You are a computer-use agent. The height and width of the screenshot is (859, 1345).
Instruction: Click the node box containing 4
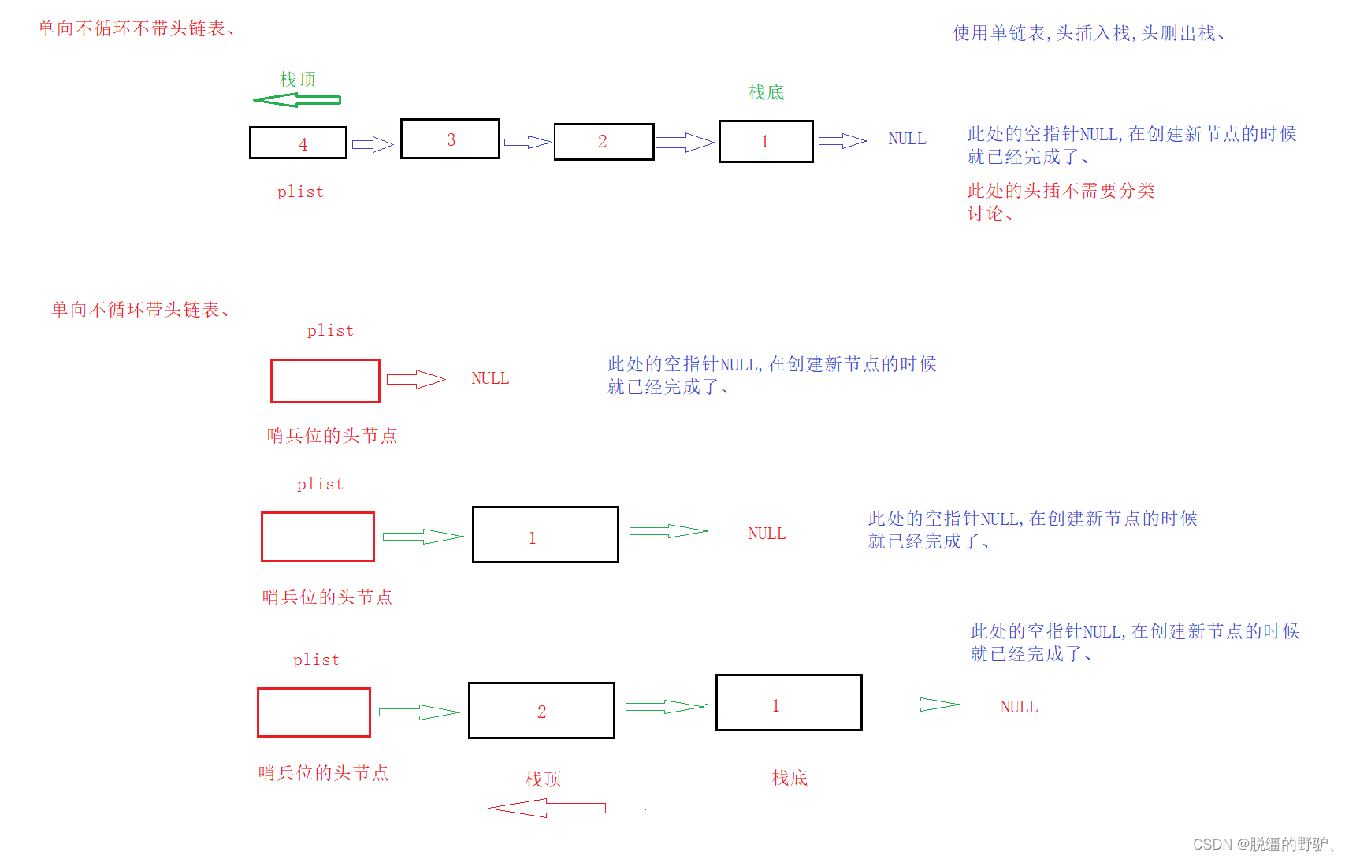tap(298, 143)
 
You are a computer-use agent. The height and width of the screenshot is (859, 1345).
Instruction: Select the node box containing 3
tap(450, 139)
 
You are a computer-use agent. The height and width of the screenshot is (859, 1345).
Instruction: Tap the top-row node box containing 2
tap(604, 142)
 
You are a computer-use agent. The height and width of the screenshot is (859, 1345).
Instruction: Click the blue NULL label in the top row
tap(907, 139)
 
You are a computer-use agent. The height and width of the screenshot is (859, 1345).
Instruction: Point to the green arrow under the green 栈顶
tap(296, 100)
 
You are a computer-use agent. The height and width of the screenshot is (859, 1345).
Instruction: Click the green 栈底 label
tap(766, 92)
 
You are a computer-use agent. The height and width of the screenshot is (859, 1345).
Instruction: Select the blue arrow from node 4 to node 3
tap(372, 144)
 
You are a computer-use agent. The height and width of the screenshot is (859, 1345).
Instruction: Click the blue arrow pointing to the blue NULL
tap(842, 141)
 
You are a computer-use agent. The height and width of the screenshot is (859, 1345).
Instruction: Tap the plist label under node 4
tap(300, 192)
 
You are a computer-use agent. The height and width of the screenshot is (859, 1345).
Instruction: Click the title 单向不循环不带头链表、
tap(136, 28)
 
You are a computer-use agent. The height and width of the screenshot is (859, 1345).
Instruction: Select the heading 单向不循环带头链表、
tap(141, 310)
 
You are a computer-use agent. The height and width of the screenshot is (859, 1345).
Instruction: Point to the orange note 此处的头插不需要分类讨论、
tap(1061, 202)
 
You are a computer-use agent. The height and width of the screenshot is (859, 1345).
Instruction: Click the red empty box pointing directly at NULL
tap(325, 381)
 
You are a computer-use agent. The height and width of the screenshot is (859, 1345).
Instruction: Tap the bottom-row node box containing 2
tap(541, 710)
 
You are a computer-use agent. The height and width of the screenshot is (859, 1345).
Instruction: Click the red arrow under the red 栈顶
tap(547, 808)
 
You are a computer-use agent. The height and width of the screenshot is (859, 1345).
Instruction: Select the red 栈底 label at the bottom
tap(790, 778)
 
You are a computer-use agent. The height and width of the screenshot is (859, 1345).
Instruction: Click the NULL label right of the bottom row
tap(1019, 707)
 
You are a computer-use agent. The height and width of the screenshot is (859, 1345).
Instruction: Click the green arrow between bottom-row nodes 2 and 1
tap(665, 706)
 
